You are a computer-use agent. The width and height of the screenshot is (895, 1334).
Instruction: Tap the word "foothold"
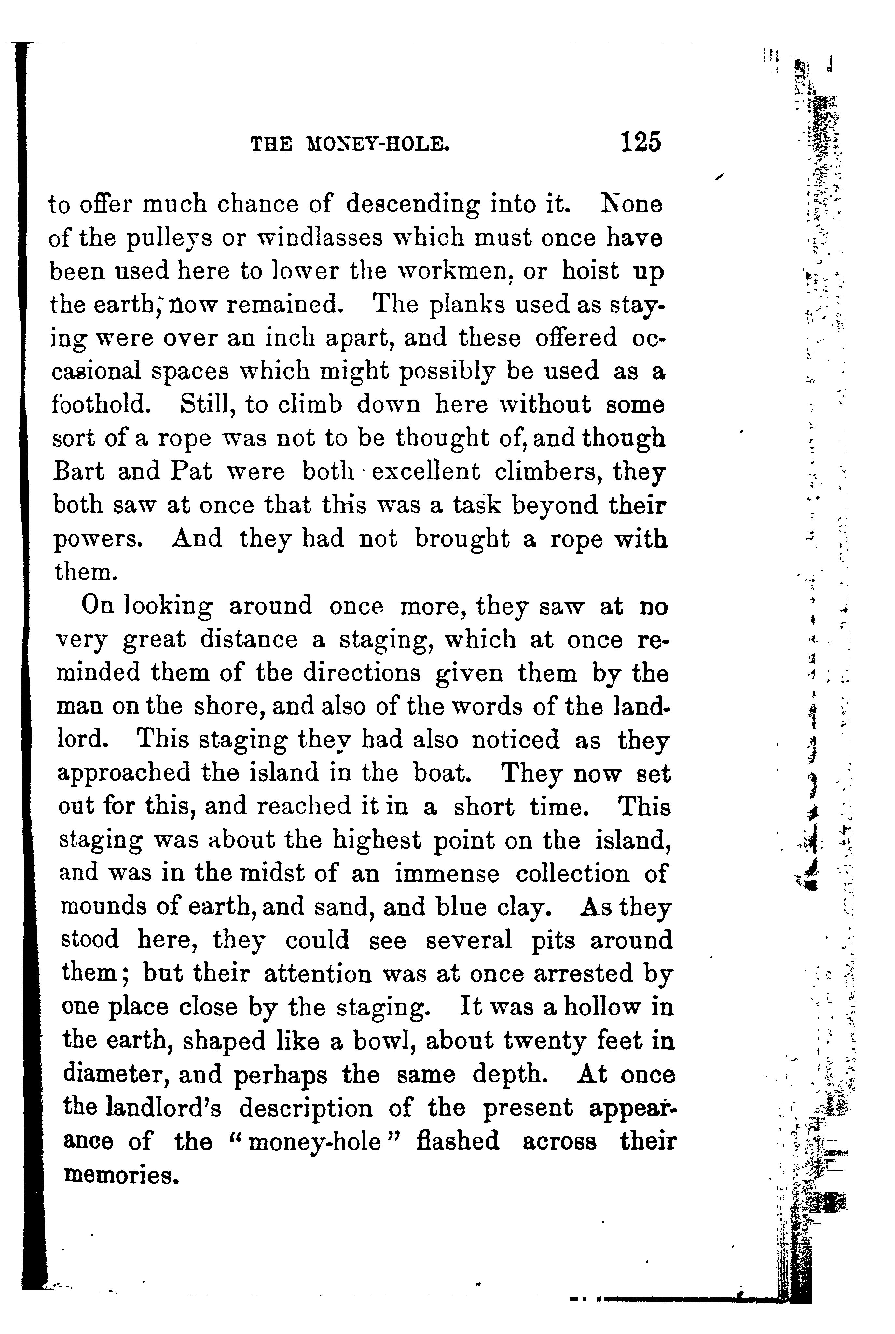(x=101, y=404)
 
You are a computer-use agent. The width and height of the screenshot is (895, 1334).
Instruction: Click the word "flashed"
(x=458, y=1142)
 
